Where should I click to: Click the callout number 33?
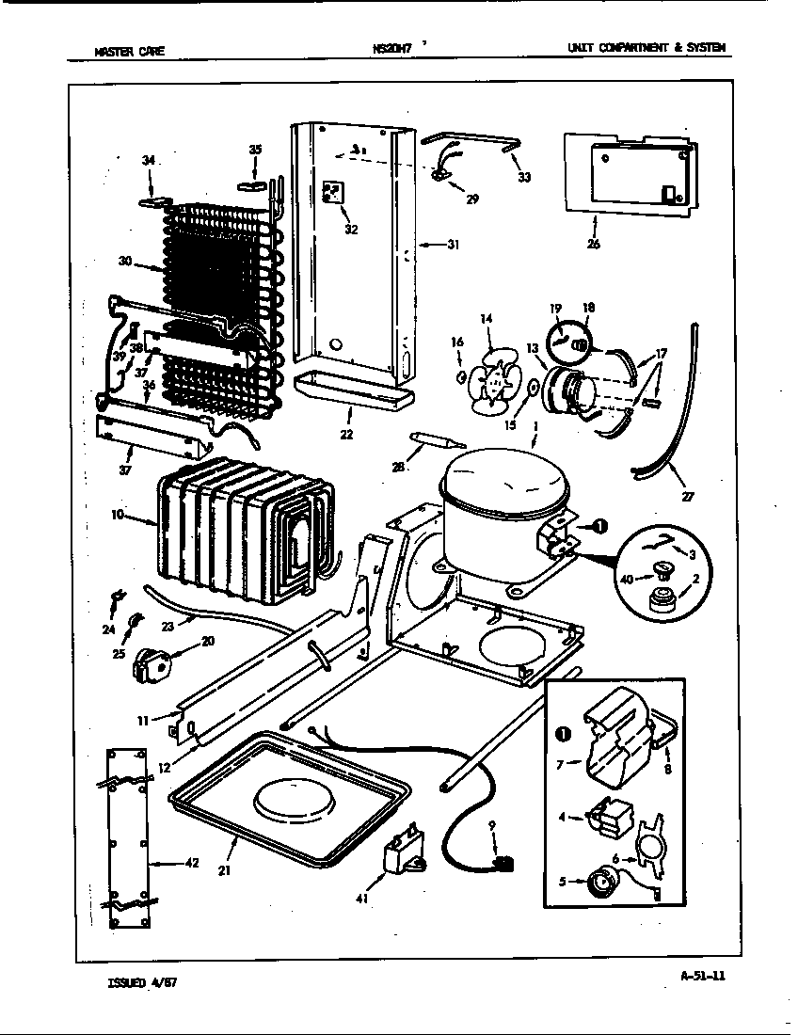(523, 176)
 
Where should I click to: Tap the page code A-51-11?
(702, 975)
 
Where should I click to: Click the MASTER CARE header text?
(130, 52)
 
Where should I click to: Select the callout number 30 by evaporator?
(124, 262)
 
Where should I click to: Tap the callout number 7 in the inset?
(559, 763)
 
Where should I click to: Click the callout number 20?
(206, 641)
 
